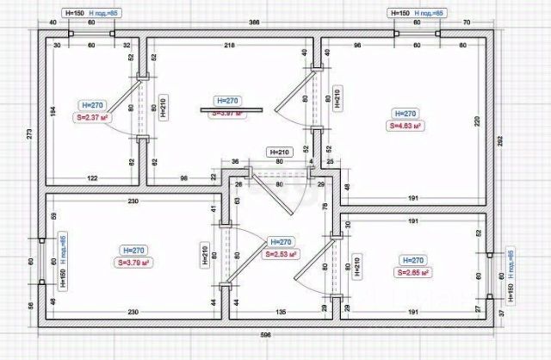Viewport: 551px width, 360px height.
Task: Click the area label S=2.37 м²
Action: (x=92, y=119)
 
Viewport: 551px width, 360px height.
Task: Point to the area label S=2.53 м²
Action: (x=282, y=255)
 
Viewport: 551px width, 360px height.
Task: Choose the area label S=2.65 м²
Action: (x=412, y=272)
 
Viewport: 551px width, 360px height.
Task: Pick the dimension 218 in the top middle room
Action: (x=229, y=44)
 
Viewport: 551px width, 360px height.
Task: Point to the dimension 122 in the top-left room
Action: (x=91, y=178)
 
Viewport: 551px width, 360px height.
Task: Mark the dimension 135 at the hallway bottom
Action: (x=280, y=311)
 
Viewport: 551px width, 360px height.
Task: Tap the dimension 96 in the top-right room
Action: (x=357, y=44)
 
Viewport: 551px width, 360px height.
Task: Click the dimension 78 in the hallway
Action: (x=325, y=208)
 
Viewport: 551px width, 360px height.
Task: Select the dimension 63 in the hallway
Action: (x=237, y=201)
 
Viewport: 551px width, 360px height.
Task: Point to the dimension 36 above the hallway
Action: (x=235, y=161)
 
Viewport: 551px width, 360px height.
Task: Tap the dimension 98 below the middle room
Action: (x=184, y=178)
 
